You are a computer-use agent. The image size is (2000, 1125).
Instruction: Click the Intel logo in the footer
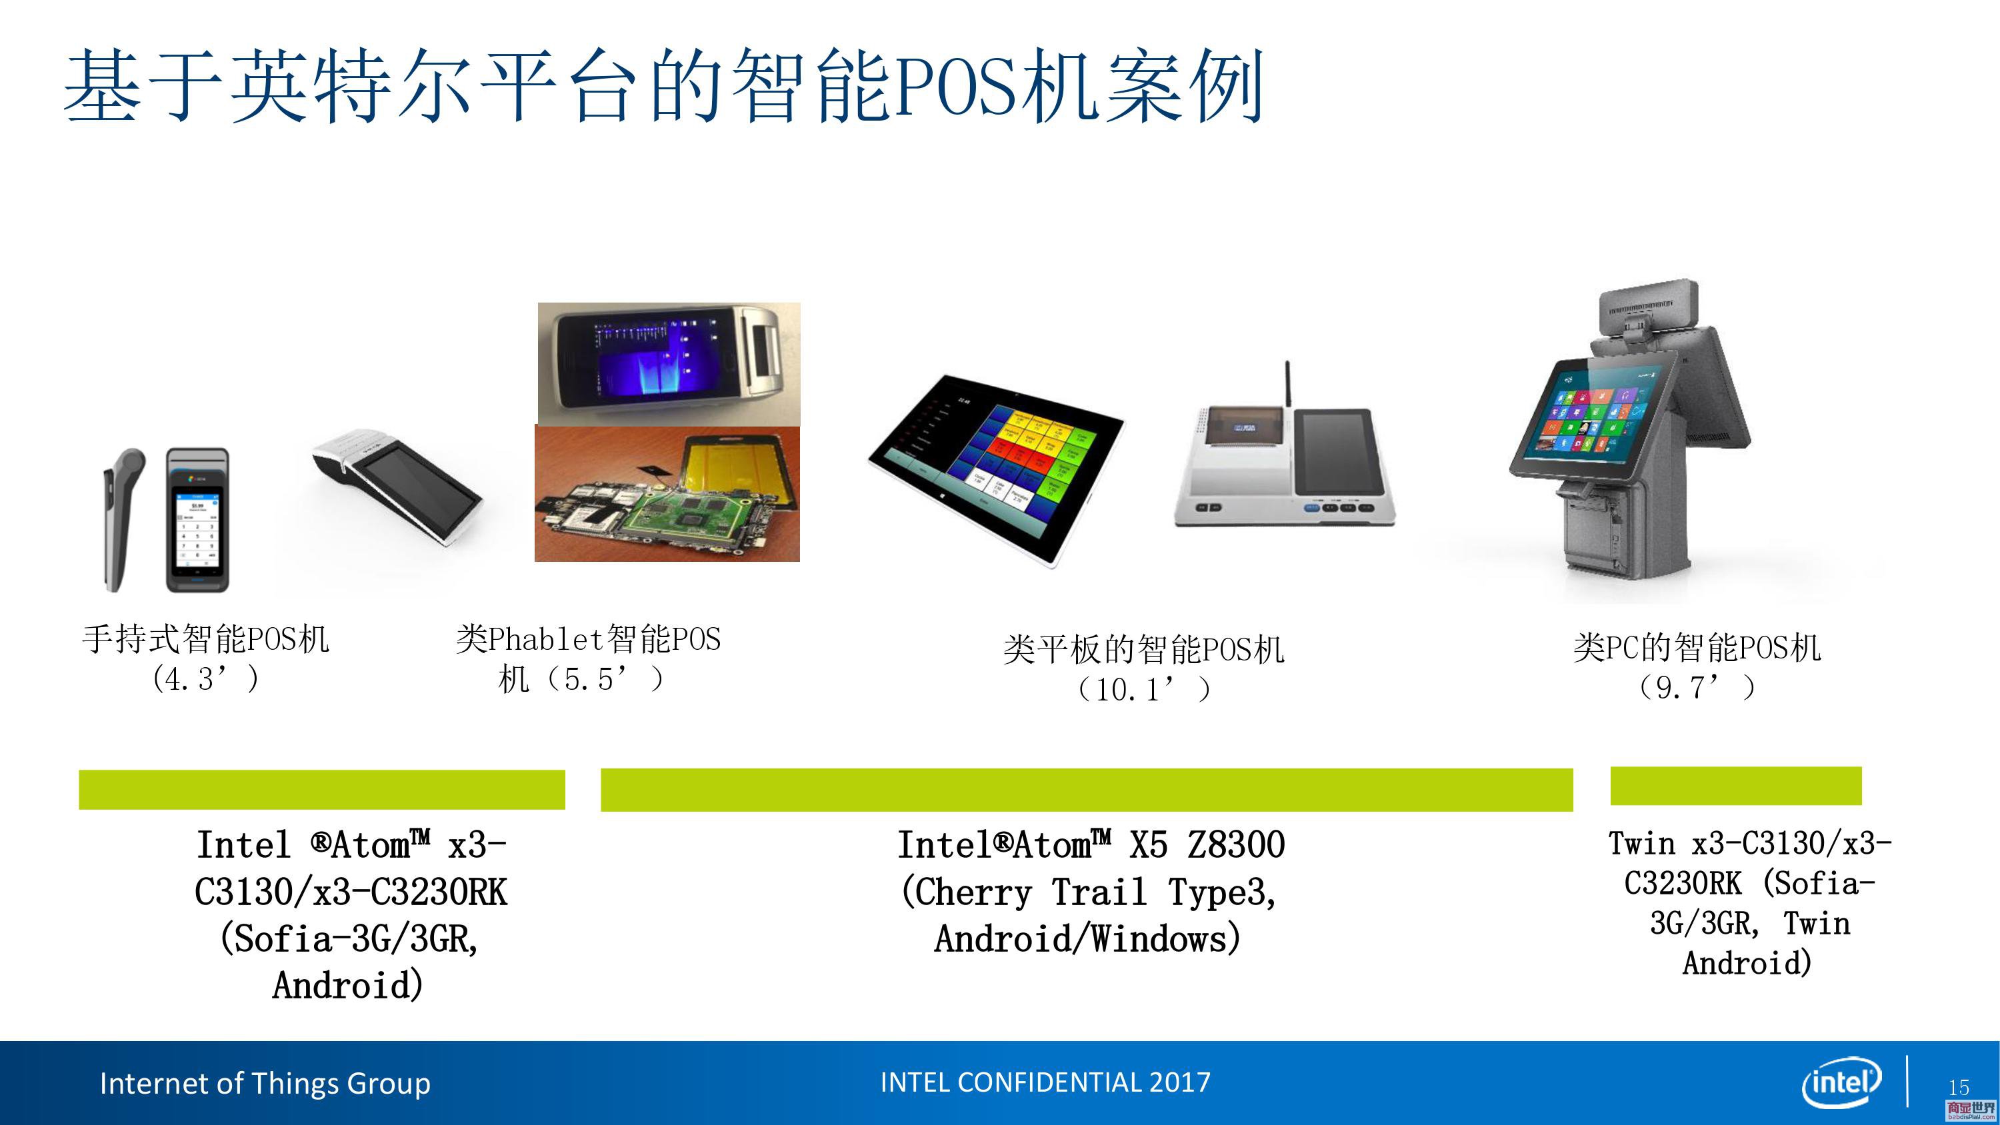1841,1082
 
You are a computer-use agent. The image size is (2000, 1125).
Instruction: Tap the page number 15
1959,1087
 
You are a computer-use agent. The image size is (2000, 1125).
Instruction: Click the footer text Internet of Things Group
265,1083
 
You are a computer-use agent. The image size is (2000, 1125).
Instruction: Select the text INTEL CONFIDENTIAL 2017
1045,1082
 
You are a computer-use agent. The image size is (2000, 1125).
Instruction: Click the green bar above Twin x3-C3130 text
1736,786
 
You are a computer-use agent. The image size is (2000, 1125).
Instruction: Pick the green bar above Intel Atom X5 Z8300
1087,790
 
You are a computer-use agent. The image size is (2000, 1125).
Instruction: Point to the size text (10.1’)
1143,688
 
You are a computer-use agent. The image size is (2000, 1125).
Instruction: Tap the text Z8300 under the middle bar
1236,844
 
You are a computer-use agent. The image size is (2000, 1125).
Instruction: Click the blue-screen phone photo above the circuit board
669,363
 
